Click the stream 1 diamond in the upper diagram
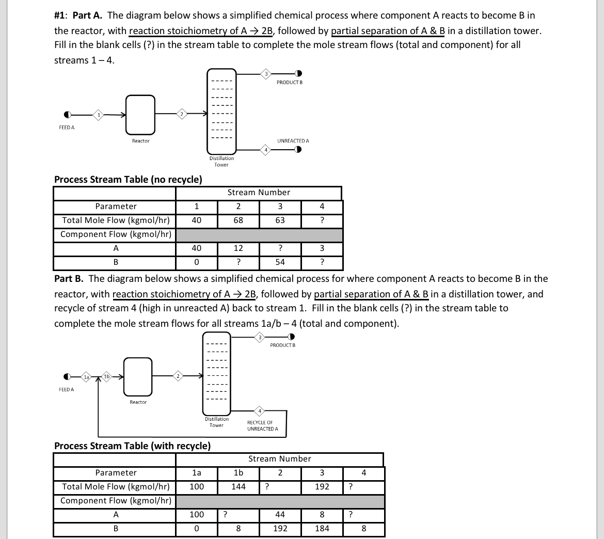click(x=98, y=114)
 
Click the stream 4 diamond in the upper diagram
click(x=265, y=150)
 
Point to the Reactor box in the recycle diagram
click(x=138, y=376)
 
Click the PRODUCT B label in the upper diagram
click(x=289, y=83)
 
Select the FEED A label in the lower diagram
click(x=66, y=389)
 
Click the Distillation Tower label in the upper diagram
click(x=221, y=162)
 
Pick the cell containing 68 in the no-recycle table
click(x=238, y=220)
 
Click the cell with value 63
click(x=280, y=220)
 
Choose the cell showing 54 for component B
click(x=280, y=262)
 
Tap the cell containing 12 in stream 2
click(x=238, y=248)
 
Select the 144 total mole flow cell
click(x=238, y=487)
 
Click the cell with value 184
click(x=322, y=529)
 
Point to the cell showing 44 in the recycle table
click(x=280, y=515)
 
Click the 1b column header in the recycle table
click(x=238, y=473)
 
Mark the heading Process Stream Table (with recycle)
click(x=132, y=446)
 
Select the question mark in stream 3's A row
click(x=280, y=248)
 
